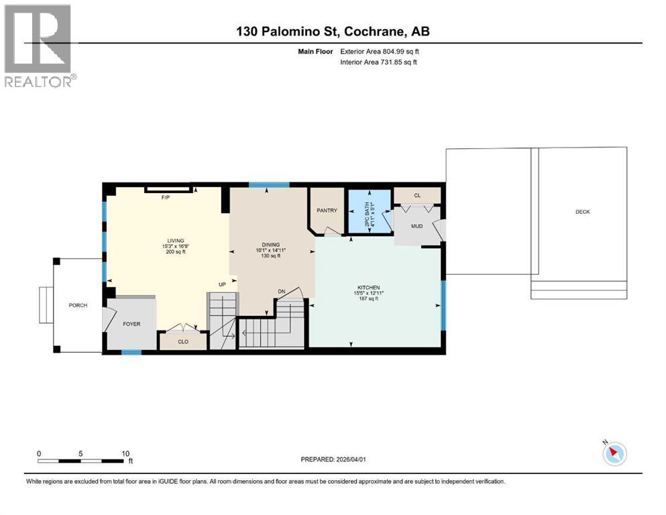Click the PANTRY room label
(x=327, y=211)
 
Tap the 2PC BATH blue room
(x=368, y=212)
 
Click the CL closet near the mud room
(x=417, y=195)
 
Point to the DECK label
(x=582, y=212)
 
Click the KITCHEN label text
(x=368, y=292)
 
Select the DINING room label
(x=270, y=245)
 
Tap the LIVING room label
(x=176, y=241)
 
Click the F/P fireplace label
(x=165, y=198)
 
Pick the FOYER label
(x=131, y=324)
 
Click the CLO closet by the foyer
(x=182, y=341)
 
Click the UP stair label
(x=221, y=285)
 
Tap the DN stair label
(x=282, y=292)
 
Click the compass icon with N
(x=614, y=454)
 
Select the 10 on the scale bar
(x=125, y=453)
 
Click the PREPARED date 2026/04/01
(x=333, y=459)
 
